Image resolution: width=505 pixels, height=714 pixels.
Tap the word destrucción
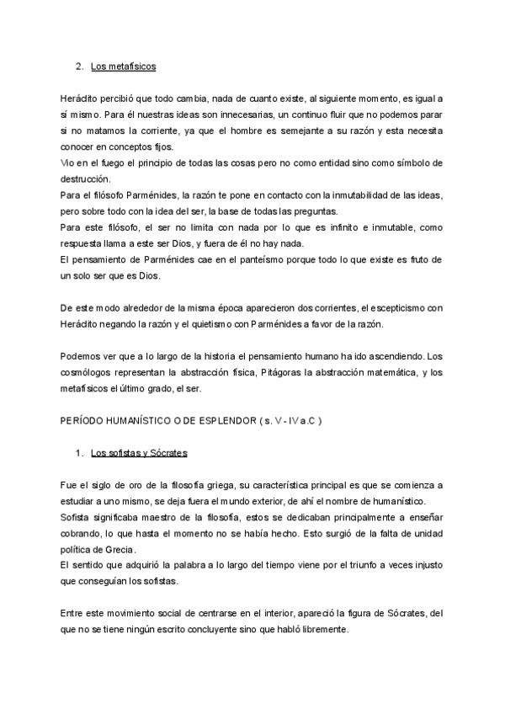[x=88, y=178]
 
